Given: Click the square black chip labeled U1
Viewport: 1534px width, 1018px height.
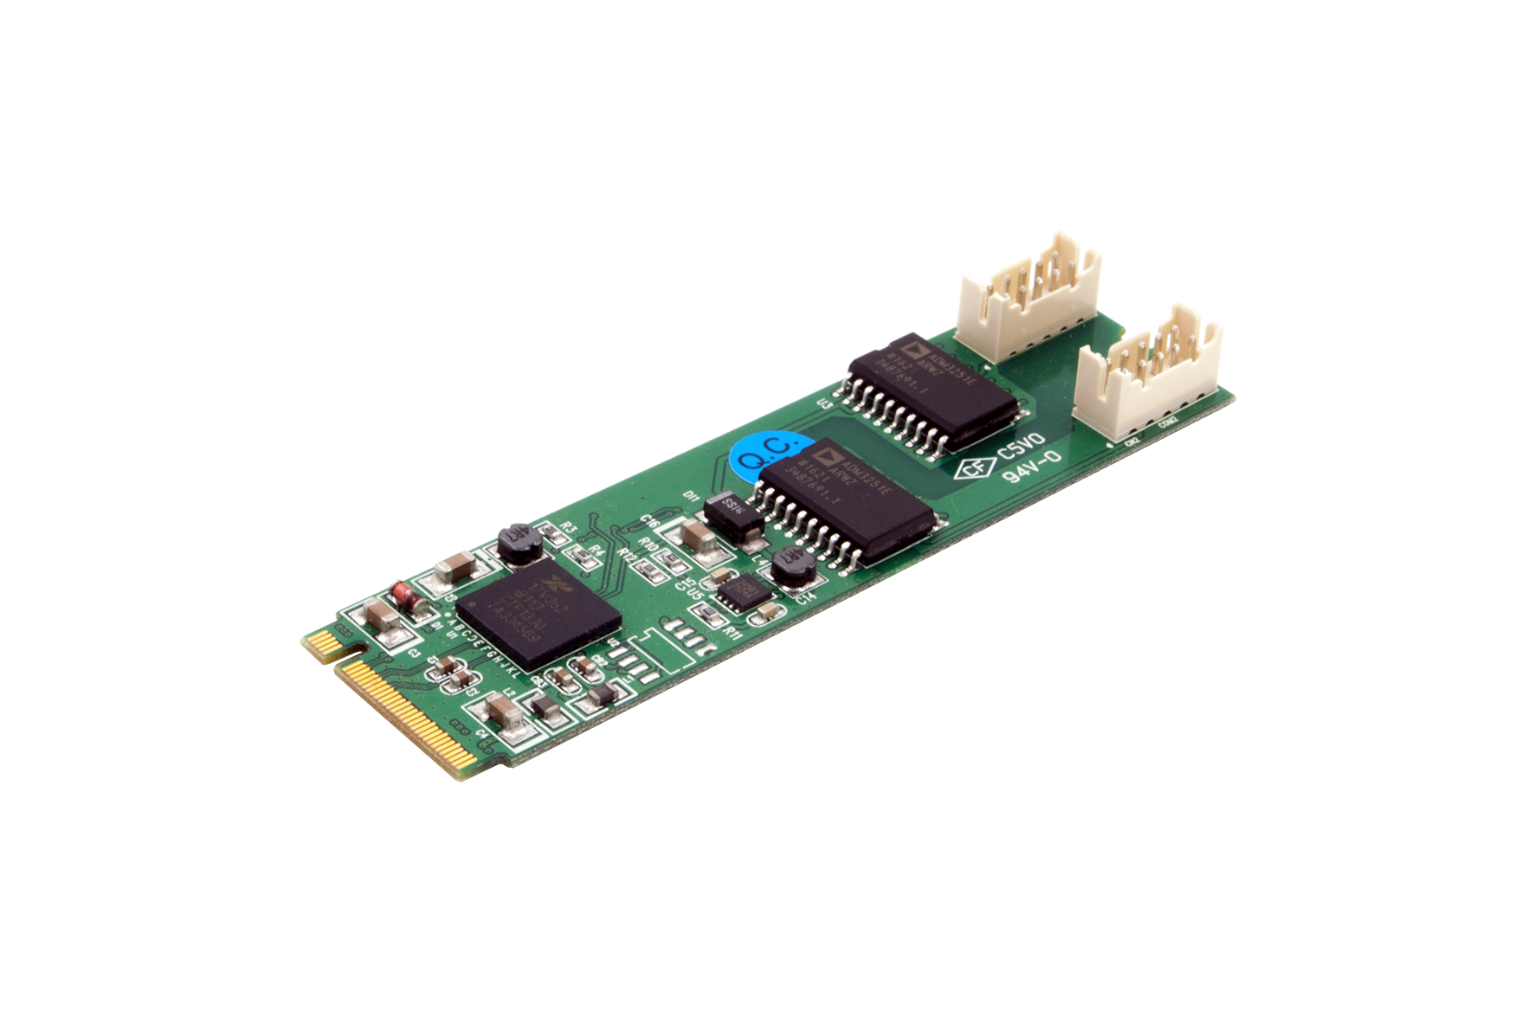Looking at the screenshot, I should pyautogui.click(x=538, y=611).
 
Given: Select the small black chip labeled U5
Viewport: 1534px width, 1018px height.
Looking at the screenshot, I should pyautogui.click(x=742, y=593).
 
